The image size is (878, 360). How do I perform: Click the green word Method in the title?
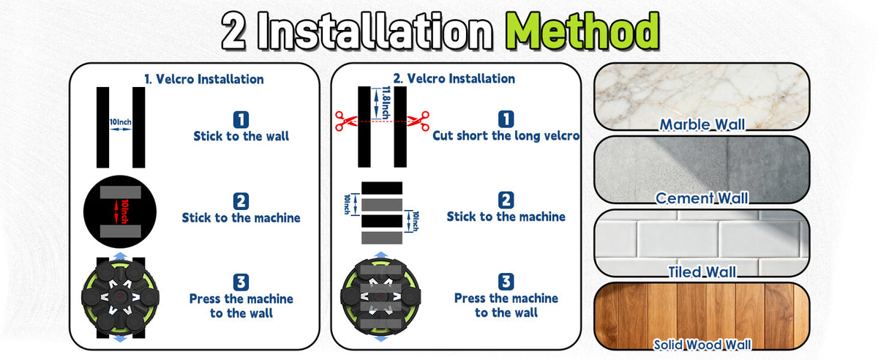(582, 31)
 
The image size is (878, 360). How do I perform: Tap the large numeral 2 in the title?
(234, 31)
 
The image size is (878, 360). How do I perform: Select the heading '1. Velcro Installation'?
(204, 79)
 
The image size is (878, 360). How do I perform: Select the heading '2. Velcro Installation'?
(454, 78)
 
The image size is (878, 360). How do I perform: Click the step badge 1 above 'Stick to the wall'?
(241, 119)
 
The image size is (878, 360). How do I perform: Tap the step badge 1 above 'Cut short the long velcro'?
(506, 119)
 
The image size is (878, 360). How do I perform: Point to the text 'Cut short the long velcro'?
(506, 135)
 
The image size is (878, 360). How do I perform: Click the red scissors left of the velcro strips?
(345, 121)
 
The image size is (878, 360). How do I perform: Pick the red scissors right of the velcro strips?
(419, 121)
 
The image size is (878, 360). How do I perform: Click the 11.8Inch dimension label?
(386, 102)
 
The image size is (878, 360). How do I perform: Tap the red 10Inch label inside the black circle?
(124, 211)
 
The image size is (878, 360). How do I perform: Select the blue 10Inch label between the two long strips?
(120, 122)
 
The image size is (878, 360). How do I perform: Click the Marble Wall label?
(702, 124)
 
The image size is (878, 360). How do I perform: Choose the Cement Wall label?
(702, 198)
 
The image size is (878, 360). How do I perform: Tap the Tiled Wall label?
(702, 271)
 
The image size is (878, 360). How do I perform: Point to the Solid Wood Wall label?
(702, 345)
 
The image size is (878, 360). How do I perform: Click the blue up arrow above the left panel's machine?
(120, 256)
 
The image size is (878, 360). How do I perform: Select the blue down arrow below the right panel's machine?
(380, 339)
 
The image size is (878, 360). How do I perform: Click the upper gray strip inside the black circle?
(120, 192)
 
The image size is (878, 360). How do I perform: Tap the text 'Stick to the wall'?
(241, 137)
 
